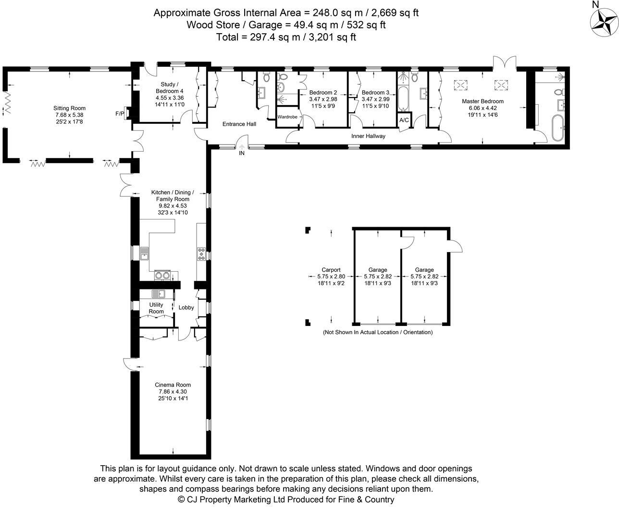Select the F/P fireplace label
point(120,114)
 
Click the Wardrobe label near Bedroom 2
point(287,117)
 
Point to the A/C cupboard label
point(403,120)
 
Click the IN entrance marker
point(241,154)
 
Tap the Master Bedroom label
point(483,101)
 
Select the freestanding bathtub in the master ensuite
point(558,128)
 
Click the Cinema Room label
point(173,385)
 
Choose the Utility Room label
point(156,308)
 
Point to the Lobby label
point(186,308)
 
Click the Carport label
point(331,270)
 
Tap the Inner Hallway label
point(368,136)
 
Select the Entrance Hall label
point(239,124)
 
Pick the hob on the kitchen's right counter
point(201,253)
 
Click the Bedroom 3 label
point(375,93)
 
